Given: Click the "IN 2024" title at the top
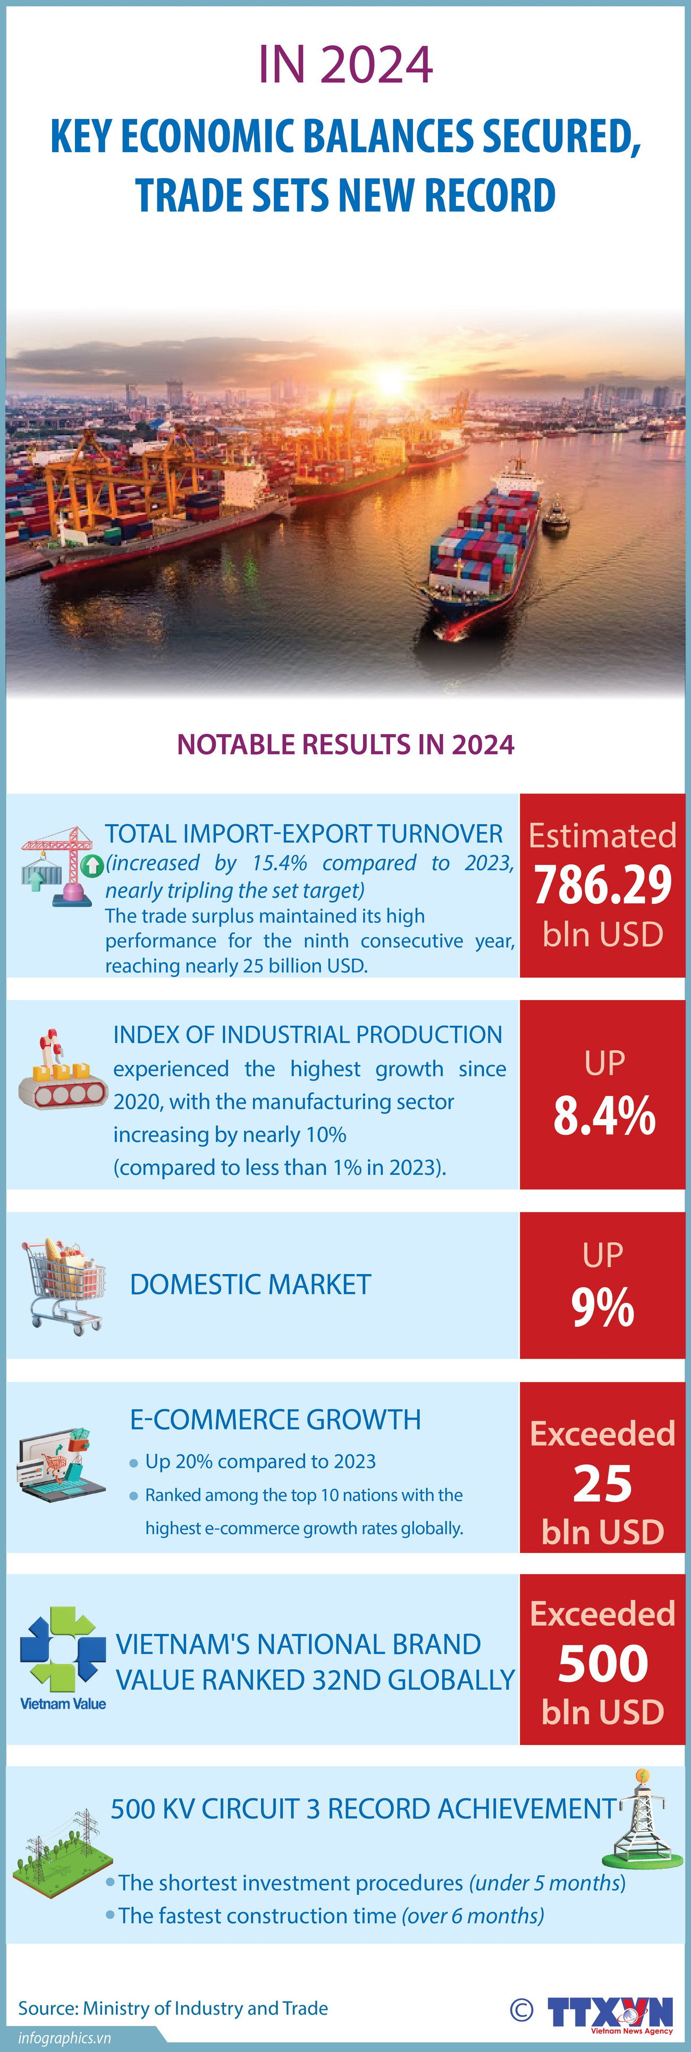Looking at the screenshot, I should (x=345, y=65).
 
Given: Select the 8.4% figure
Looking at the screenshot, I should (x=604, y=1116).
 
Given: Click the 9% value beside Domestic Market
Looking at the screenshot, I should (x=603, y=1308).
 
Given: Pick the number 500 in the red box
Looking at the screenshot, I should (x=603, y=1665).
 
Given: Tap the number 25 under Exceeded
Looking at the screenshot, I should (x=603, y=1485).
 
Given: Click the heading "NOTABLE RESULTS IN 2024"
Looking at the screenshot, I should (x=345, y=744).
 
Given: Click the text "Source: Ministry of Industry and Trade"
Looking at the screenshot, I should (x=173, y=2008).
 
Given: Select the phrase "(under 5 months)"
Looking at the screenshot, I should (x=547, y=1883).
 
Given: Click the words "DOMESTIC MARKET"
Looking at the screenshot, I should (x=250, y=1285).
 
